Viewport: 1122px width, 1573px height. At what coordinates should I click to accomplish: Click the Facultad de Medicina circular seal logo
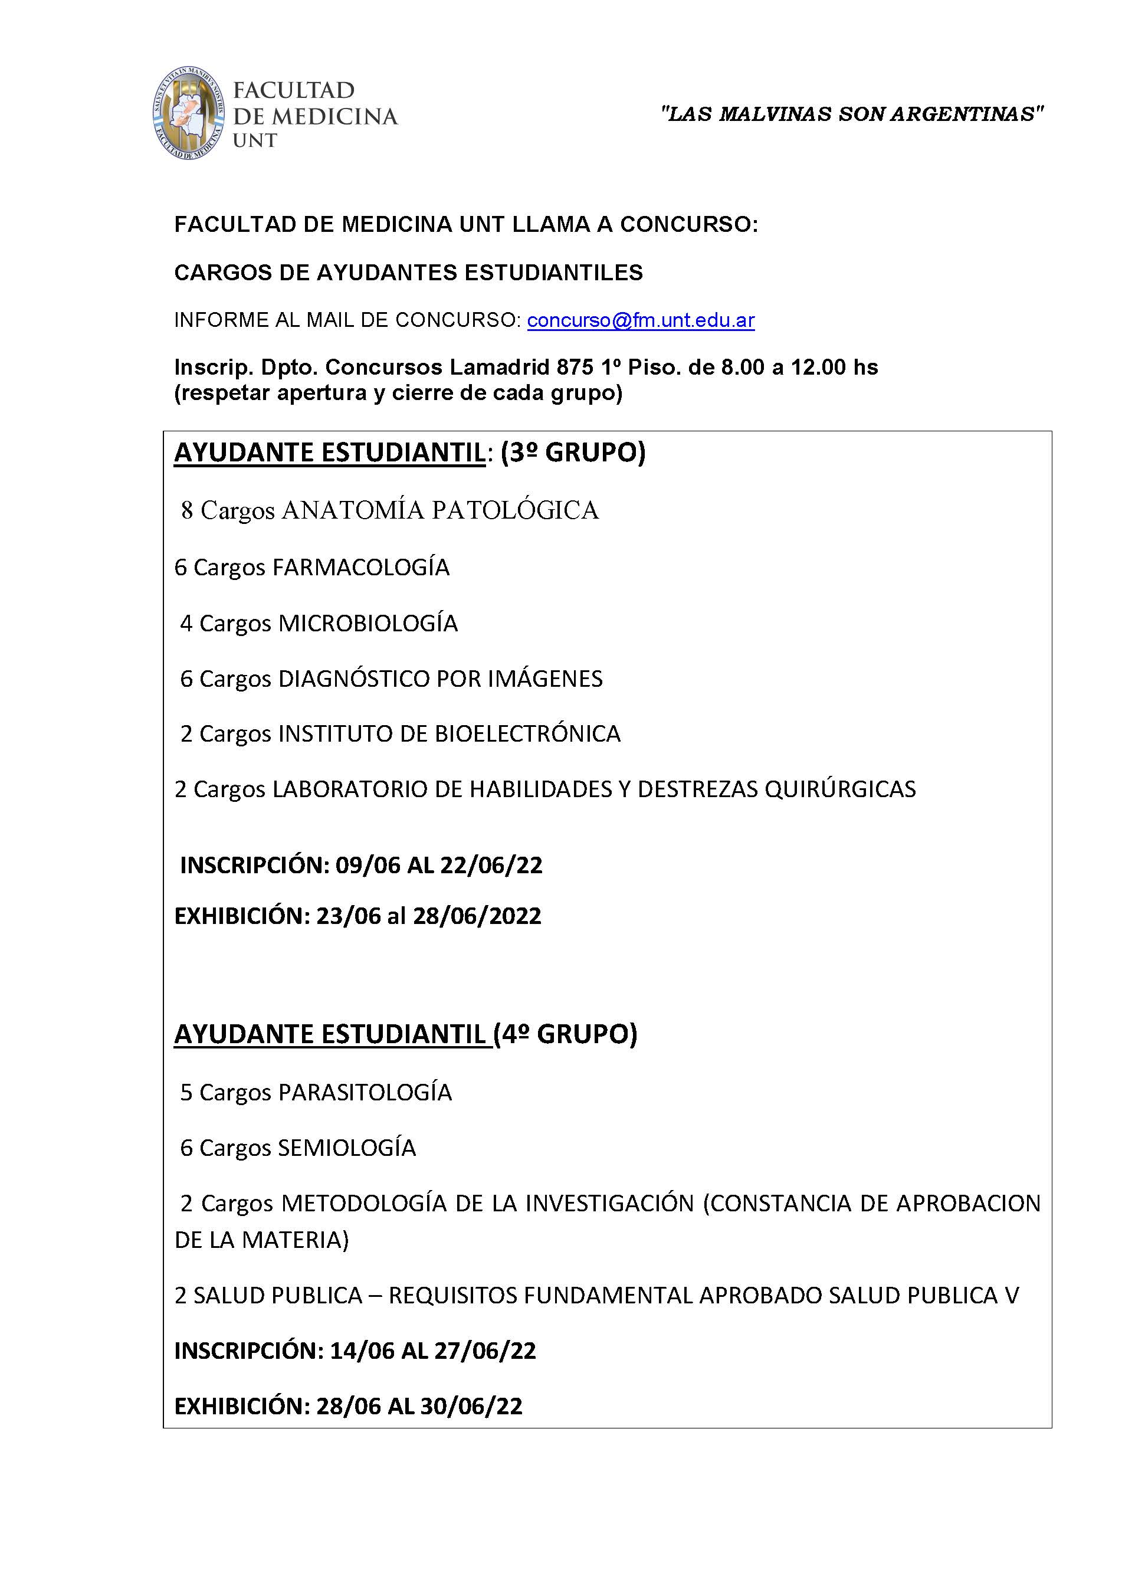pyautogui.click(x=189, y=113)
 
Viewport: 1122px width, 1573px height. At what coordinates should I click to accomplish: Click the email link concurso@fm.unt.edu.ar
pyautogui.click(x=641, y=320)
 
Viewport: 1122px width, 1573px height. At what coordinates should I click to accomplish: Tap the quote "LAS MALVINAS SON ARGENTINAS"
pyautogui.click(x=852, y=114)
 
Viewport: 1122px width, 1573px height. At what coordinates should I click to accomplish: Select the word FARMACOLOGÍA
pyautogui.click(x=360, y=567)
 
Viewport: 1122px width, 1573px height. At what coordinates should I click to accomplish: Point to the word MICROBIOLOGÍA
pyautogui.click(x=368, y=623)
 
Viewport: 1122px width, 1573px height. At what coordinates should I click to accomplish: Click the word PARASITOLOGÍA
pyautogui.click(x=365, y=1092)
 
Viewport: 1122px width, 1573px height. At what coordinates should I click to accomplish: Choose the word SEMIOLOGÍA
pyautogui.click(x=346, y=1148)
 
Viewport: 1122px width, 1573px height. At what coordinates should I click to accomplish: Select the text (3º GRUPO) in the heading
pyautogui.click(x=573, y=453)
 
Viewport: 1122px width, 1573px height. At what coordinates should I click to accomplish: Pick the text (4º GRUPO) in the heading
pyautogui.click(x=565, y=1034)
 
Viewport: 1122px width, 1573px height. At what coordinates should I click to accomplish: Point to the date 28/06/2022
pyautogui.click(x=477, y=916)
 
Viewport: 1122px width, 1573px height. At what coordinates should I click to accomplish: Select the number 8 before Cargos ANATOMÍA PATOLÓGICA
pyautogui.click(x=186, y=510)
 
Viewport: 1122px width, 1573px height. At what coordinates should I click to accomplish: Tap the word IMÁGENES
pyautogui.click(x=545, y=679)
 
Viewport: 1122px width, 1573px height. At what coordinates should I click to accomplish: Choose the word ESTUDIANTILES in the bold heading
pyautogui.click(x=553, y=273)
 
